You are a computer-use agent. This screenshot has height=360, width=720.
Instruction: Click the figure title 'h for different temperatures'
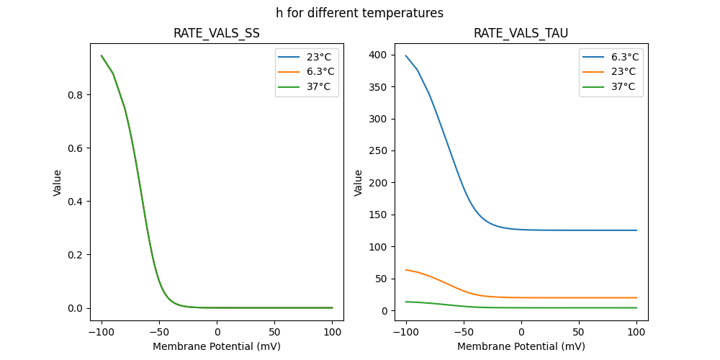click(359, 13)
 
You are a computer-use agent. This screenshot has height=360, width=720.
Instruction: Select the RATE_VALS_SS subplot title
click(216, 34)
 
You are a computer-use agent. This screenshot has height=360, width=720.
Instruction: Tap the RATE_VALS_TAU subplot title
click(521, 34)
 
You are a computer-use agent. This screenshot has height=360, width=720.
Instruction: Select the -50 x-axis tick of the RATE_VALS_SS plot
click(159, 333)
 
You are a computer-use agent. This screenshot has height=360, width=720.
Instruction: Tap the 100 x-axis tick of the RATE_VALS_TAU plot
click(636, 333)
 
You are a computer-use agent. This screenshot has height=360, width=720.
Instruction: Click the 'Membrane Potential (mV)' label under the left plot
click(217, 346)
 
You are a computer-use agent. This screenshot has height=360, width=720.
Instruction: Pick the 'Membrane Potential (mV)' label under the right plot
click(521, 346)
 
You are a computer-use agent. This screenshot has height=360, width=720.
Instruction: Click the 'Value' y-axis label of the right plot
click(358, 183)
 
